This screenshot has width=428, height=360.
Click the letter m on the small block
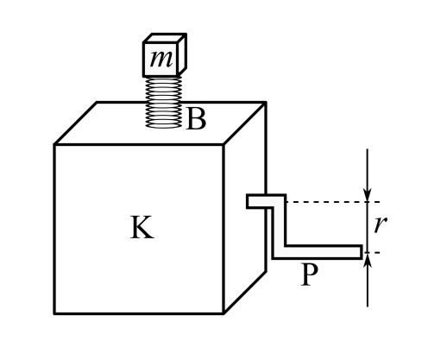[161, 60]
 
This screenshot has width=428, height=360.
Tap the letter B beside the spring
[197, 119]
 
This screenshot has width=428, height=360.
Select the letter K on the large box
[142, 227]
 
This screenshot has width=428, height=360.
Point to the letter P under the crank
[310, 275]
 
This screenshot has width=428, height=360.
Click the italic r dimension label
[381, 224]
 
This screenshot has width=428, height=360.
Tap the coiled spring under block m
[164, 102]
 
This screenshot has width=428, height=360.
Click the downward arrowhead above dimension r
[368, 195]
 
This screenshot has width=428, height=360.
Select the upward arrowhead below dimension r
[368, 259]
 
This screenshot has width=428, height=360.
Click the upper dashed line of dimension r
[333, 202]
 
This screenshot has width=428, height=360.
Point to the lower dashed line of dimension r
[371, 252]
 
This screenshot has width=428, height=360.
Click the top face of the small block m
[165, 38]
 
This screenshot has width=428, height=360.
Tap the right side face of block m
[182, 54]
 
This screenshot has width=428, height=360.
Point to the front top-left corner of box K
[54, 144]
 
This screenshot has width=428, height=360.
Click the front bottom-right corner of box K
[223, 313]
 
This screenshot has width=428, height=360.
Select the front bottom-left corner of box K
[54, 313]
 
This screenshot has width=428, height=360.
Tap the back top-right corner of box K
[266, 102]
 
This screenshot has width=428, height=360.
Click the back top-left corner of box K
[97, 102]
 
